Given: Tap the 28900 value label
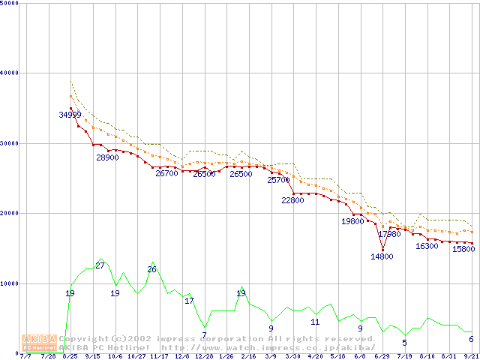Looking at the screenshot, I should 107,158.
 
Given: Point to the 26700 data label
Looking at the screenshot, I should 166,173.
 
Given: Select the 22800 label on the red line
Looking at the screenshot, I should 292,201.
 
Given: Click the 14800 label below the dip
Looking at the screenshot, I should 382,256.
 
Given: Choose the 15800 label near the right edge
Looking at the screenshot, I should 463,250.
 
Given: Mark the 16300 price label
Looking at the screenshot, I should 427,247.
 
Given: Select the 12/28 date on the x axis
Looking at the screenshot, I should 203,357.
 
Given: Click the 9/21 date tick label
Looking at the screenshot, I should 472,357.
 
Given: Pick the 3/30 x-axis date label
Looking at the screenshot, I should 292,357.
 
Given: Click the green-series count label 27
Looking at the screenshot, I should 100,266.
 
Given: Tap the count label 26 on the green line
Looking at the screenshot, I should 151,270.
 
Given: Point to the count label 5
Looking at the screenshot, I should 404,343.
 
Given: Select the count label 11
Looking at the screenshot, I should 315,322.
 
